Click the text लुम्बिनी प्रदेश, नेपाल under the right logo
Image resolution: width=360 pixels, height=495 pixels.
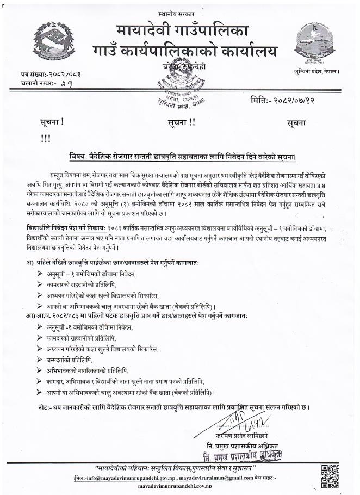(316, 71)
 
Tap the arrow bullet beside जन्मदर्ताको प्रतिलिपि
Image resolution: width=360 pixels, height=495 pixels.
(39, 360)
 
